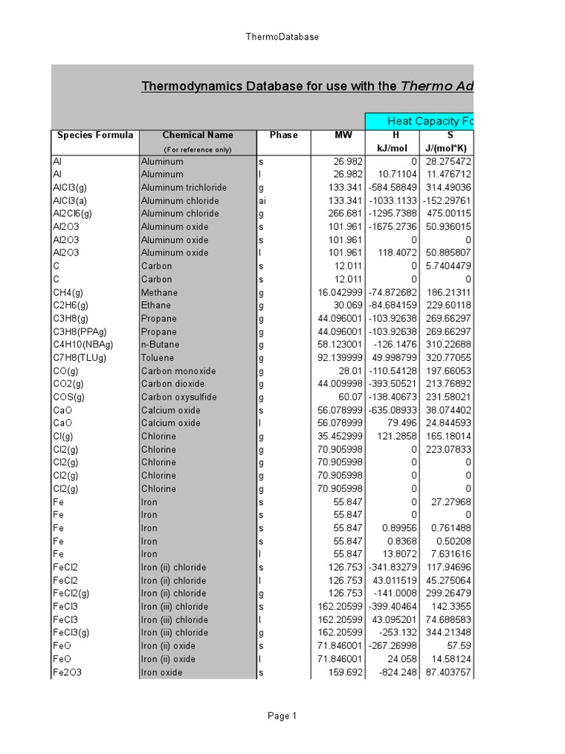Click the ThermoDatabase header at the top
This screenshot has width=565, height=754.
point(282,37)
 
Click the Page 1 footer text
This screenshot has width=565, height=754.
point(282,716)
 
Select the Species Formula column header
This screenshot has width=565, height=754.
point(95,135)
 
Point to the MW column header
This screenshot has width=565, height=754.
point(344,135)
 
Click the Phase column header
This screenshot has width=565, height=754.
point(283,135)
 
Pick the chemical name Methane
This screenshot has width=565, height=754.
point(159,292)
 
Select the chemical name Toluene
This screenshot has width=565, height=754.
point(158,358)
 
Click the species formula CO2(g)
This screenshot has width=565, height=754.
point(69,384)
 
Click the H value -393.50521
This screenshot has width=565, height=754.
point(392,384)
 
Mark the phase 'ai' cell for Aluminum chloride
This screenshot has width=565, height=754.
point(262,201)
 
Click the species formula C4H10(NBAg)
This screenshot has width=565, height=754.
point(82,345)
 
